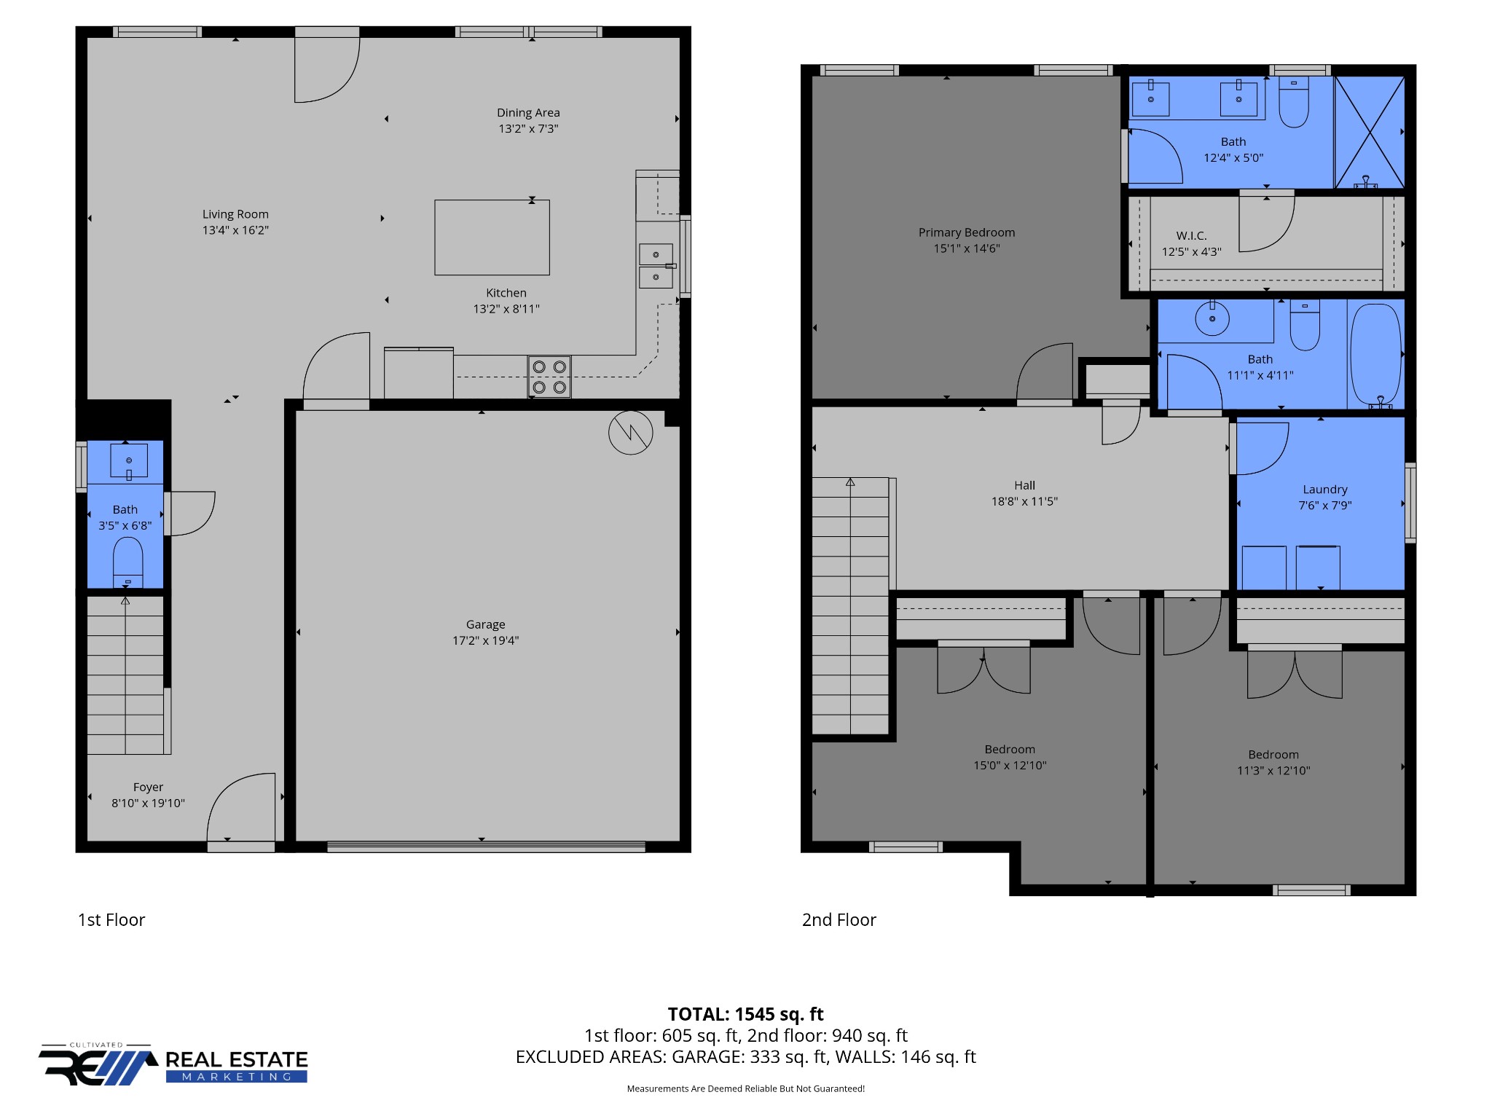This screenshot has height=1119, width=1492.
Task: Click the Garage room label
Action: [485, 624]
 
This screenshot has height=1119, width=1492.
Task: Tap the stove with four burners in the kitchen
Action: [549, 377]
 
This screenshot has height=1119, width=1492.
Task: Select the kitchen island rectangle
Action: [492, 237]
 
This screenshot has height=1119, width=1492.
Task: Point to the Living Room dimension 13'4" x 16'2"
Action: [235, 230]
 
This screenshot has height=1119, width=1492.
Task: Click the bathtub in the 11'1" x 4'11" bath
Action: [1375, 356]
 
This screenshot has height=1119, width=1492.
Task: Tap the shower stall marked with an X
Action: [1370, 133]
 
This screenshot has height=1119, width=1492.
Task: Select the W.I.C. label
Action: [1191, 235]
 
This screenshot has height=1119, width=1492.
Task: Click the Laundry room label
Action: [1324, 490]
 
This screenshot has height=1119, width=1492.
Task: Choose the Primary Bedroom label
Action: [966, 232]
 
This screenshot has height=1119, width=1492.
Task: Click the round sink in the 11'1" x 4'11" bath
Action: [1212, 318]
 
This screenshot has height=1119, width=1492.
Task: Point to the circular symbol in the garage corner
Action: [631, 433]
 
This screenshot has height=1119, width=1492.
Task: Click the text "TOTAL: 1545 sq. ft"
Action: [745, 1014]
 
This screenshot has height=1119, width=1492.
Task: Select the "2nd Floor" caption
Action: [839, 920]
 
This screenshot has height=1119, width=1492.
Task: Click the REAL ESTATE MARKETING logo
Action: [173, 1064]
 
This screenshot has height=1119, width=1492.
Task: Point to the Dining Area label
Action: [528, 113]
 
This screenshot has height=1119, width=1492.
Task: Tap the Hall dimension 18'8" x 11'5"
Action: [1024, 501]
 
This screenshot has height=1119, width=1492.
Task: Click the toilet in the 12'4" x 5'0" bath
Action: [1294, 102]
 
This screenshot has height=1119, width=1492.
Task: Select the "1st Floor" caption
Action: [111, 920]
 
